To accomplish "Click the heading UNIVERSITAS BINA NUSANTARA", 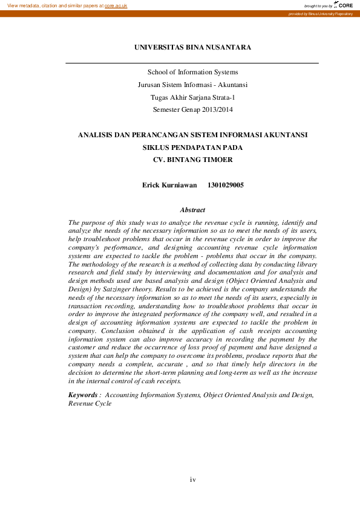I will pos(192,47).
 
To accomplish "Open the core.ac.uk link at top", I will pos(116,5).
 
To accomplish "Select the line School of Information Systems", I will pos(192,73).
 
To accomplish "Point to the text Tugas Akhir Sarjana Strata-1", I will pos(192,97).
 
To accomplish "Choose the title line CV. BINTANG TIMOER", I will pos(192,160).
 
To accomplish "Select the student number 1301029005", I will pos(226,185).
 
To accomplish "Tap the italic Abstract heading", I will pos(192,210).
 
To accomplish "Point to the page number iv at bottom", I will pos(192,479).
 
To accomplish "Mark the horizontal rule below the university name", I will pos(192,62).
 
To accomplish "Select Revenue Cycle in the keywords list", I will pos(90,403).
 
